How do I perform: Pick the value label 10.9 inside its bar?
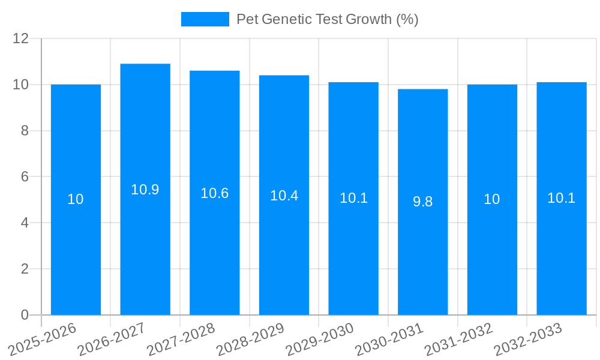[x=145, y=190]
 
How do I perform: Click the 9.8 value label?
[x=422, y=202]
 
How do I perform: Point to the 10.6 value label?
[x=214, y=193]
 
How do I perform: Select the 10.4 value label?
[x=284, y=196]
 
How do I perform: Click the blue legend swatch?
[x=205, y=19]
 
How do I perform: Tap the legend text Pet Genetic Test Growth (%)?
[x=327, y=19]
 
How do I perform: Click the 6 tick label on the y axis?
[x=25, y=177]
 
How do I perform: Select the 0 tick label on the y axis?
[x=25, y=315]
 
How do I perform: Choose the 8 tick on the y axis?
[x=25, y=131]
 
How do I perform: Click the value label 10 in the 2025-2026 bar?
[x=76, y=200]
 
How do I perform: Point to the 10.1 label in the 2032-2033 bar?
[x=561, y=198]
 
